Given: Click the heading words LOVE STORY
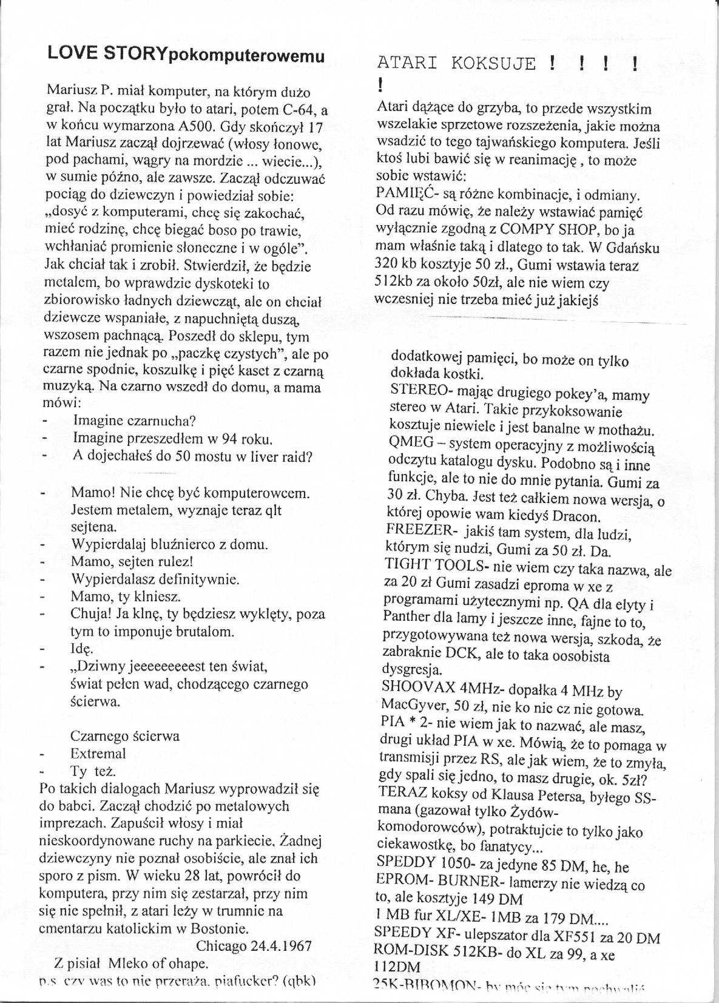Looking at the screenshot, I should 107,54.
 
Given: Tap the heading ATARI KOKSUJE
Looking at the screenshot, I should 456,63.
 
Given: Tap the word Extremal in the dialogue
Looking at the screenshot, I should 98,754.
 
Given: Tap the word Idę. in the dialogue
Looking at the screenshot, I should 81,649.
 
